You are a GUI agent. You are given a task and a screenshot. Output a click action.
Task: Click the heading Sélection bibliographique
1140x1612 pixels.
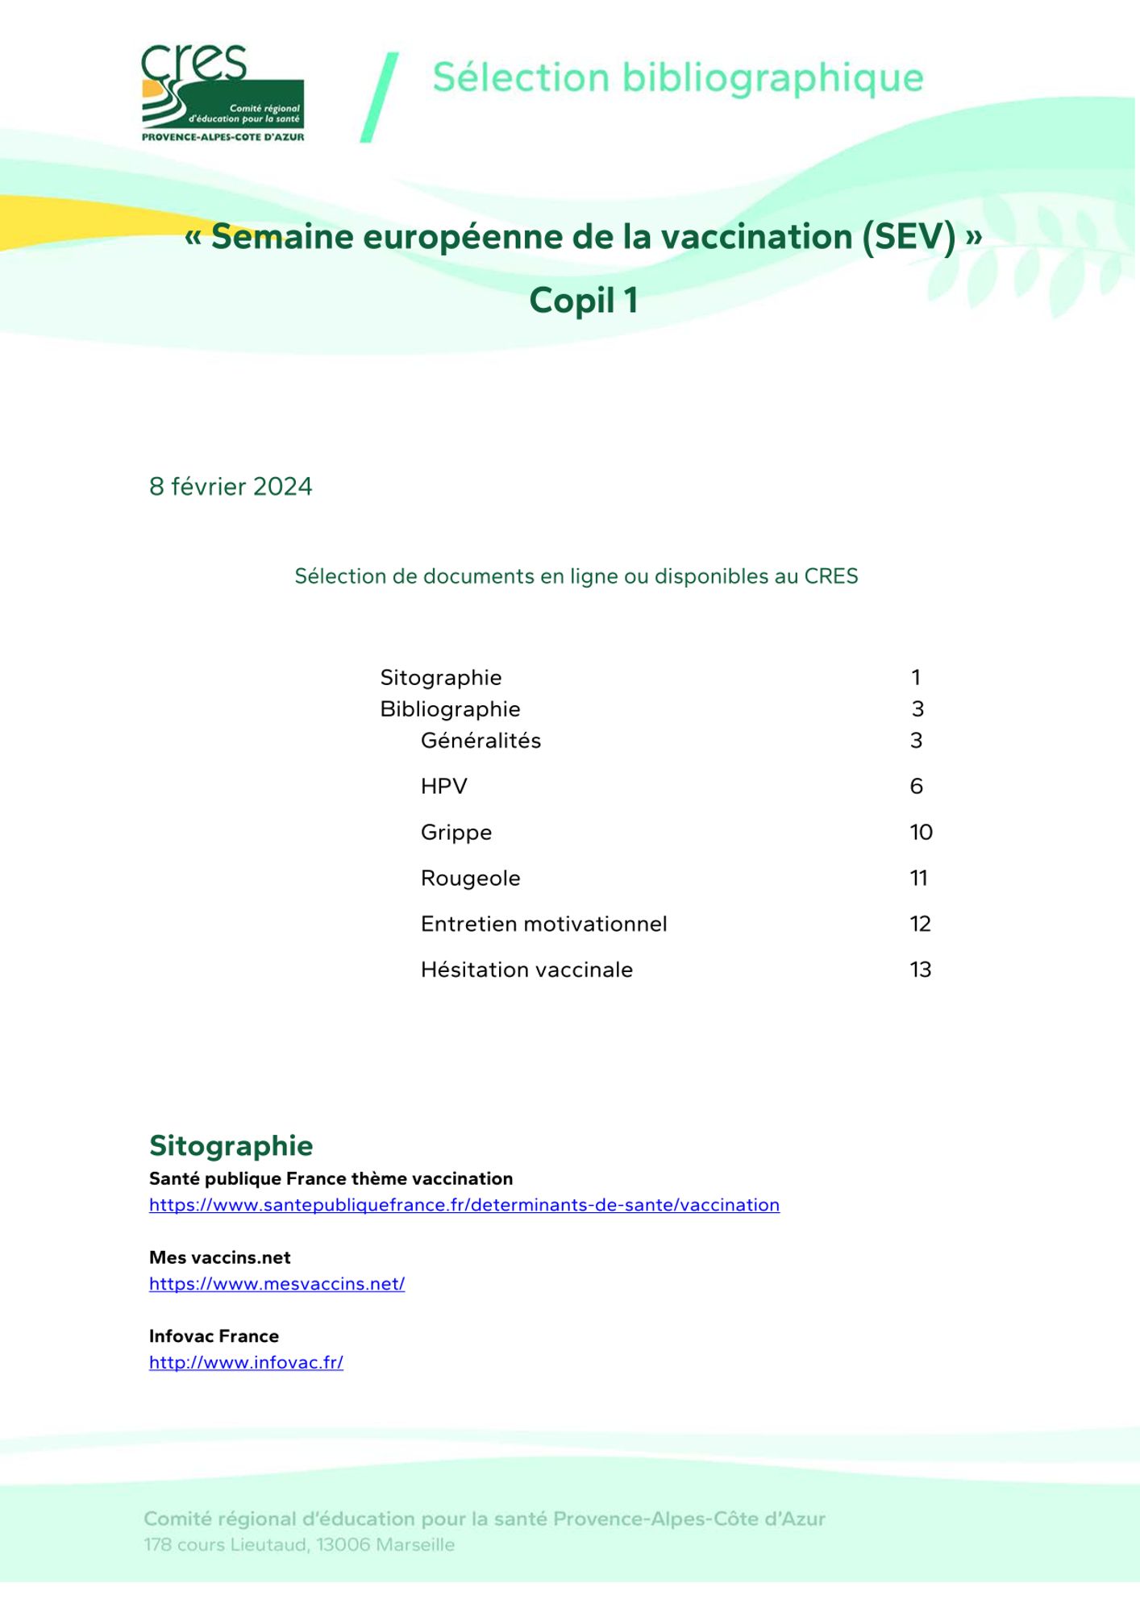point(677,78)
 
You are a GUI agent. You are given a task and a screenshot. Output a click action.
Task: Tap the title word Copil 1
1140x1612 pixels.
point(584,301)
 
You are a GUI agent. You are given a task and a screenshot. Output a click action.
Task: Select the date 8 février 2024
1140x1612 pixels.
point(231,487)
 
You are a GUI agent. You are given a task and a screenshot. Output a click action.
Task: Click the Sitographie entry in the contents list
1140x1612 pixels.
point(440,678)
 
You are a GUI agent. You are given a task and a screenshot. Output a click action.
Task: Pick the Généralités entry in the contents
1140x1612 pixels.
point(481,741)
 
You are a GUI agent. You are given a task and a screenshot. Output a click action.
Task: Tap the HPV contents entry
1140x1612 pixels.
point(443,787)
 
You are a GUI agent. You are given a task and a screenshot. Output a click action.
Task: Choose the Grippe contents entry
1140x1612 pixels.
point(456,833)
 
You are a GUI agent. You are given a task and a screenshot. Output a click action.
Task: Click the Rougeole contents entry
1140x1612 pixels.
point(470,879)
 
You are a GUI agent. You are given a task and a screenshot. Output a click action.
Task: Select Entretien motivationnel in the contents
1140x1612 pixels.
point(543,924)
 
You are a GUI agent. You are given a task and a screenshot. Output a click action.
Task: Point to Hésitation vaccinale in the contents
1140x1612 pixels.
point(526,970)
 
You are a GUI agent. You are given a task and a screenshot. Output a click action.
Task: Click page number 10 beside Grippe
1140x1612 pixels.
point(921,833)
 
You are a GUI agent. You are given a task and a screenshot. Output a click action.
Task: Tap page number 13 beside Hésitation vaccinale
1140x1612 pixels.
point(920,970)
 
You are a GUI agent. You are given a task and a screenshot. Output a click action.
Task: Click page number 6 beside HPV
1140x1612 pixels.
point(916,787)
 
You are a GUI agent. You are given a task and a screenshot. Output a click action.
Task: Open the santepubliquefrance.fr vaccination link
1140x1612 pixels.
point(464,1205)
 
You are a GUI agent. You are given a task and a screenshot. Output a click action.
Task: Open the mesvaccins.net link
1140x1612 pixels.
point(277,1284)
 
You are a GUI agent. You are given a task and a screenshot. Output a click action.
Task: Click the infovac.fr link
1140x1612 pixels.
point(246,1363)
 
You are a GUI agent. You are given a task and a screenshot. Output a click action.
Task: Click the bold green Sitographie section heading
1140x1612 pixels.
point(231,1146)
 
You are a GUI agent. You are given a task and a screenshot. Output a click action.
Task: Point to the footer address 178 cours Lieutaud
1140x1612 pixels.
point(299,1545)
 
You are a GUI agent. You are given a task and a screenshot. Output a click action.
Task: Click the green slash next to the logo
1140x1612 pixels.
point(379,98)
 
